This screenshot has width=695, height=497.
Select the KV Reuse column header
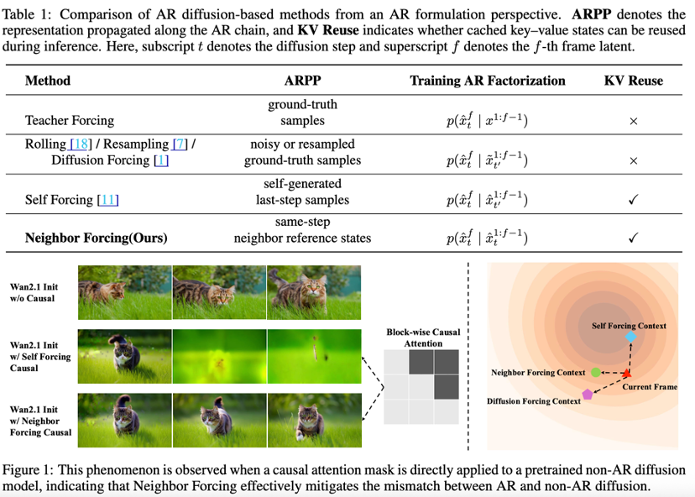pyautogui.click(x=633, y=81)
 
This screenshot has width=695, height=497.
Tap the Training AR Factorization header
pyautogui.click(x=487, y=81)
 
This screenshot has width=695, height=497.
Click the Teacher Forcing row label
pyautogui.click(x=69, y=121)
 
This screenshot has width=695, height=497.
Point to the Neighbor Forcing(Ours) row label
pyautogui.click(x=97, y=238)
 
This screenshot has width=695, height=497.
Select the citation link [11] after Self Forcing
pyautogui.click(x=107, y=199)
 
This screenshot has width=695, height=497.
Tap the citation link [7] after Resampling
pyautogui.click(x=180, y=144)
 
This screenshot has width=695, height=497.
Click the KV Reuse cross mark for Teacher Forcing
pyautogui.click(x=633, y=122)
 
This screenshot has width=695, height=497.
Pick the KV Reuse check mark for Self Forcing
pyautogui.click(x=633, y=199)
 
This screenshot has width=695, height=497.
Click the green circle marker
pyautogui.click(x=596, y=371)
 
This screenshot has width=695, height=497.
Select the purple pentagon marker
pyautogui.click(x=588, y=394)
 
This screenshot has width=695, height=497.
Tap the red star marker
pyautogui.click(x=626, y=372)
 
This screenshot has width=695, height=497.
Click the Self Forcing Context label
pyautogui.click(x=629, y=325)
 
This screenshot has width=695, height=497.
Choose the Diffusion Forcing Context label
pyautogui.click(x=534, y=401)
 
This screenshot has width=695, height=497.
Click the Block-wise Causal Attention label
pyautogui.click(x=423, y=337)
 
